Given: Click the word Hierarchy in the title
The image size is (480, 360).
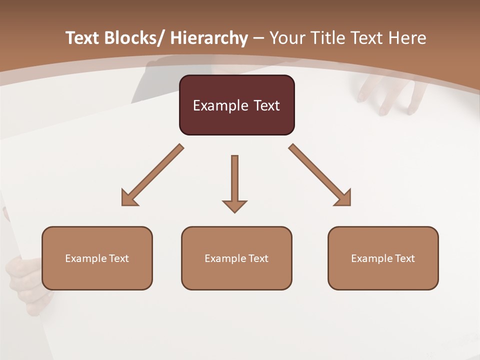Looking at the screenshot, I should (x=209, y=38).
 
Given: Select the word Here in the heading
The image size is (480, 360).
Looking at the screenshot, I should (x=406, y=38).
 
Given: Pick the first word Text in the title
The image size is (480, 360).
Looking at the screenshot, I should (x=83, y=38).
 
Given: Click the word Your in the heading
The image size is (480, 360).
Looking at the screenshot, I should (x=288, y=38).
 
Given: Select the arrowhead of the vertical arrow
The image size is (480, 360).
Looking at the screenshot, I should (x=234, y=206).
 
